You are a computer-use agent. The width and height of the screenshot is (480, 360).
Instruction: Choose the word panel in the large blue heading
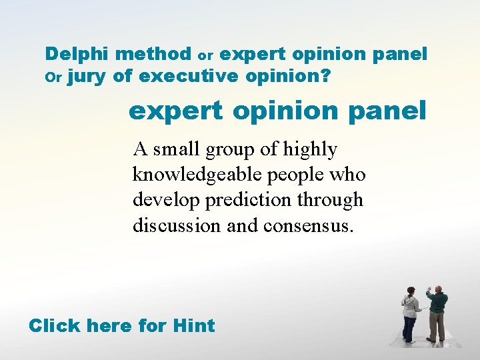(392, 110)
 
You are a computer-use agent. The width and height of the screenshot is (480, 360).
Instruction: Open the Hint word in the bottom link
(193, 326)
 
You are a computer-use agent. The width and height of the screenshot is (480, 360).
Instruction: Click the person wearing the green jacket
(437, 313)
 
